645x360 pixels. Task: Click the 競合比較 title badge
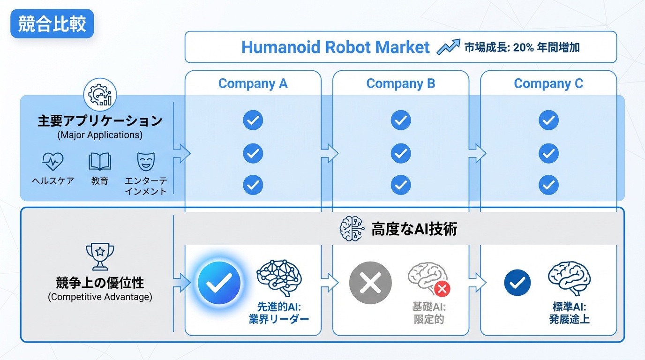[52, 24]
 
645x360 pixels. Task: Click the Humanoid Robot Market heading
[335, 47]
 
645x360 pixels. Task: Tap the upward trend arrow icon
[448, 47]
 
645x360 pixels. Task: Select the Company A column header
[253, 84]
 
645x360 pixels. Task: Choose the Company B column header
[400, 84]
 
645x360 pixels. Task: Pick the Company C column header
[548, 84]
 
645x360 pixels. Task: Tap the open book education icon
[100, 162]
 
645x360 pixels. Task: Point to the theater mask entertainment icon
[145, 162]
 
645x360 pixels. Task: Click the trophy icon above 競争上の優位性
[100, 256]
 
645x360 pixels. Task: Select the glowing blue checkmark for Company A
[219, 283]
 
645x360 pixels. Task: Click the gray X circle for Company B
[370, 283]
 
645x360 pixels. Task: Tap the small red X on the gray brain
[442, 289]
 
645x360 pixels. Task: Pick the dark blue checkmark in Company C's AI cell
[517, 283]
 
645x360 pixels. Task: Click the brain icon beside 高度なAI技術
[352, 229]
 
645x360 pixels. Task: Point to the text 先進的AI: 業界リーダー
[279, 313]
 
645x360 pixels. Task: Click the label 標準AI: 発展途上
[569, 313]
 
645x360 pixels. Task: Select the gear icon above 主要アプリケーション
[100, 95]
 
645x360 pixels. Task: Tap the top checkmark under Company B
[401, 120]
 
